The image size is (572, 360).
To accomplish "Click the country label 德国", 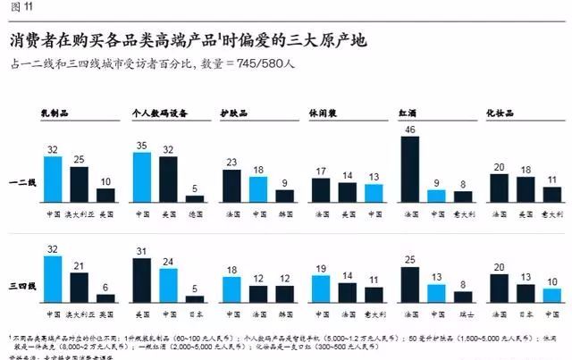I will pyautogui.click(x=195, y=214).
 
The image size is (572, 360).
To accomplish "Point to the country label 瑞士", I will pyautogui.click(x=463, y=313).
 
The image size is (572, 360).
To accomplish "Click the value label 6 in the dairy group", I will pyautogui.click(x=105, y=286).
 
